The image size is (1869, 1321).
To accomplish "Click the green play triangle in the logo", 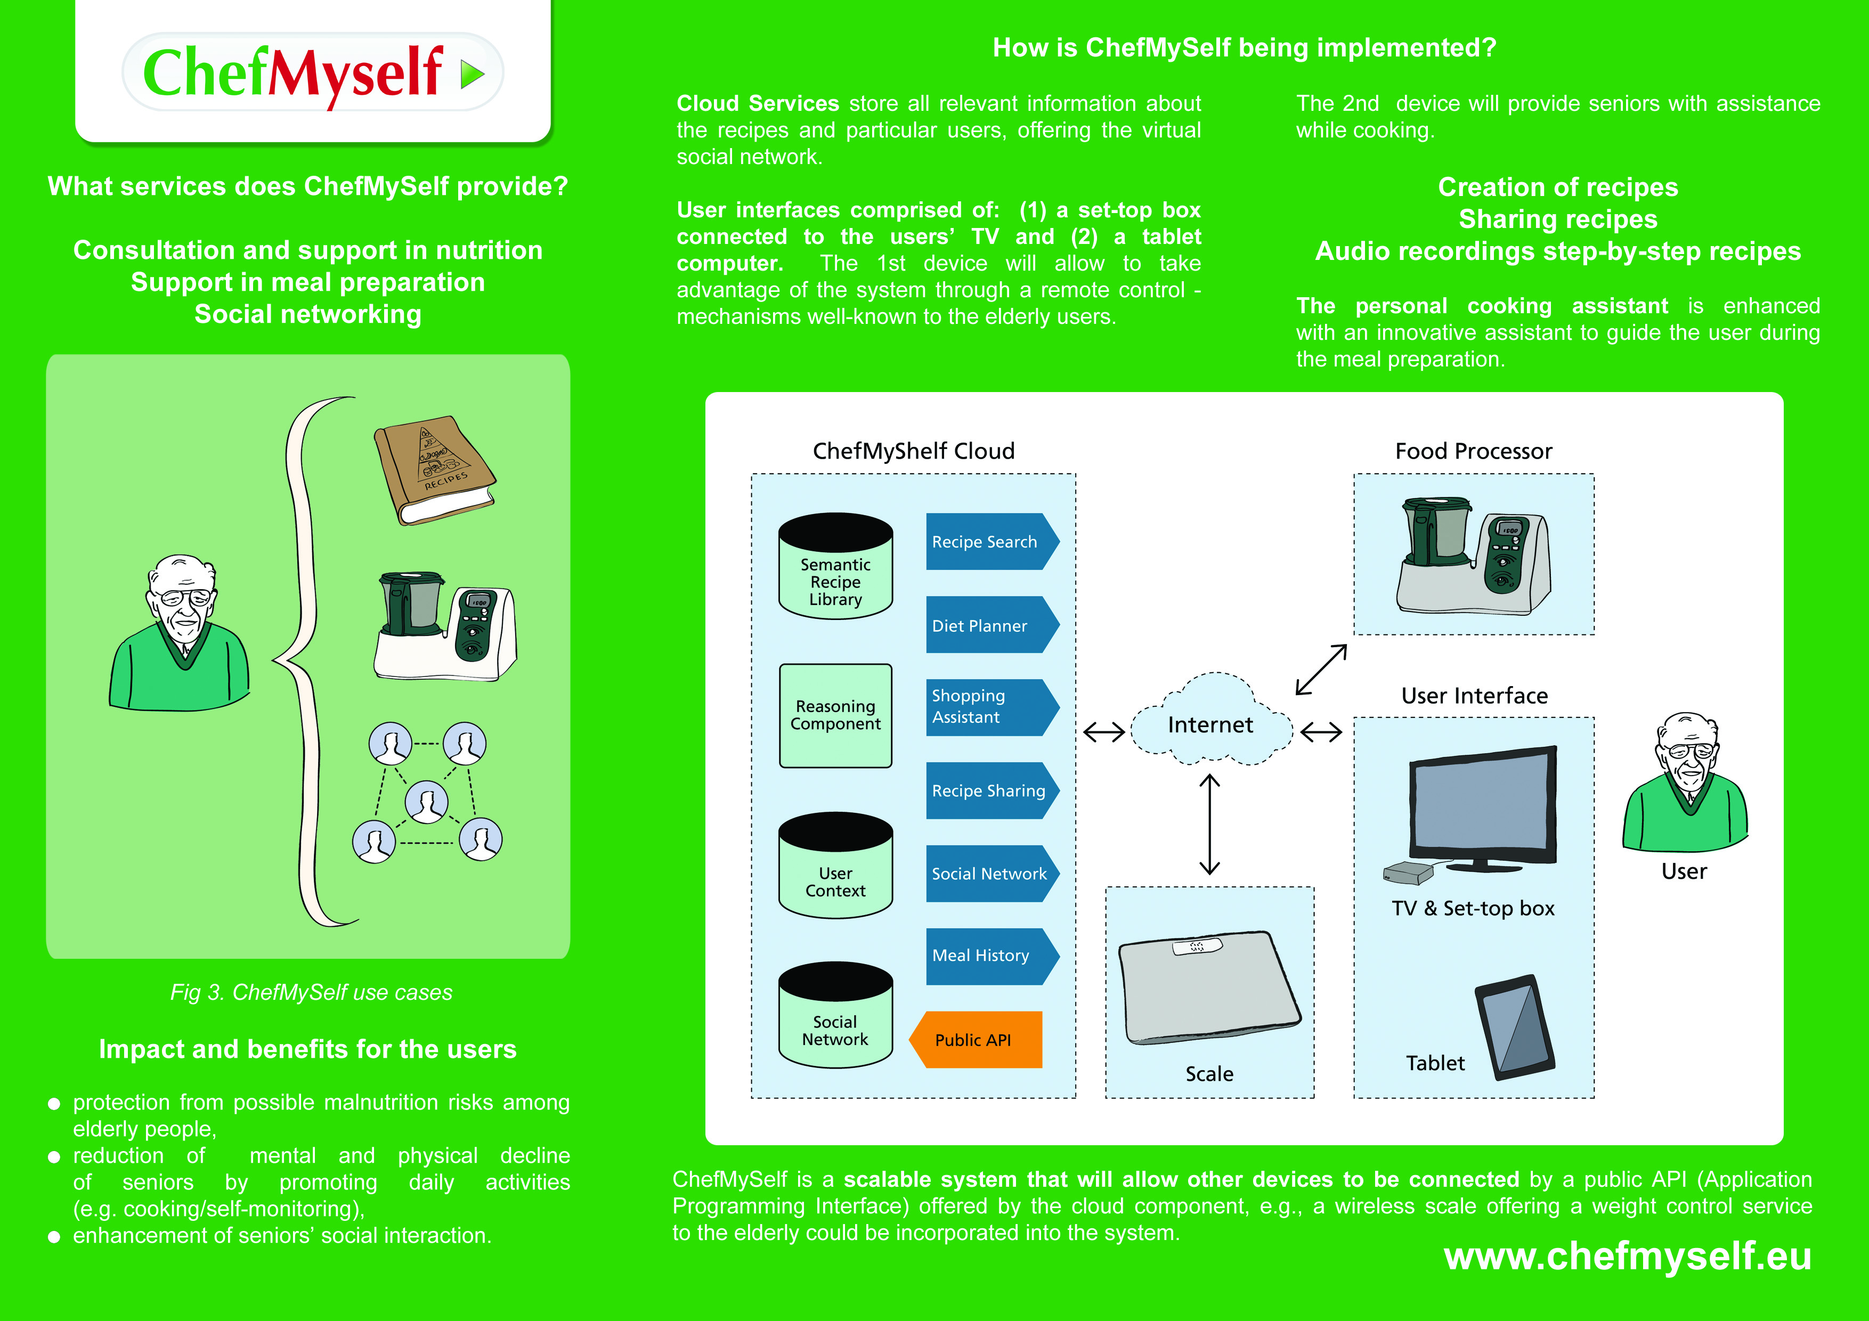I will pos(472,74).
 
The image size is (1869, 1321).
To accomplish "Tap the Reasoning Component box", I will pos(835,715).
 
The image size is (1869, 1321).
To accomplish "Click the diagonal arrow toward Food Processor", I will pos(1320,670).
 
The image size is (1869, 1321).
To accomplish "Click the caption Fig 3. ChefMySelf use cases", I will pos(311,992).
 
